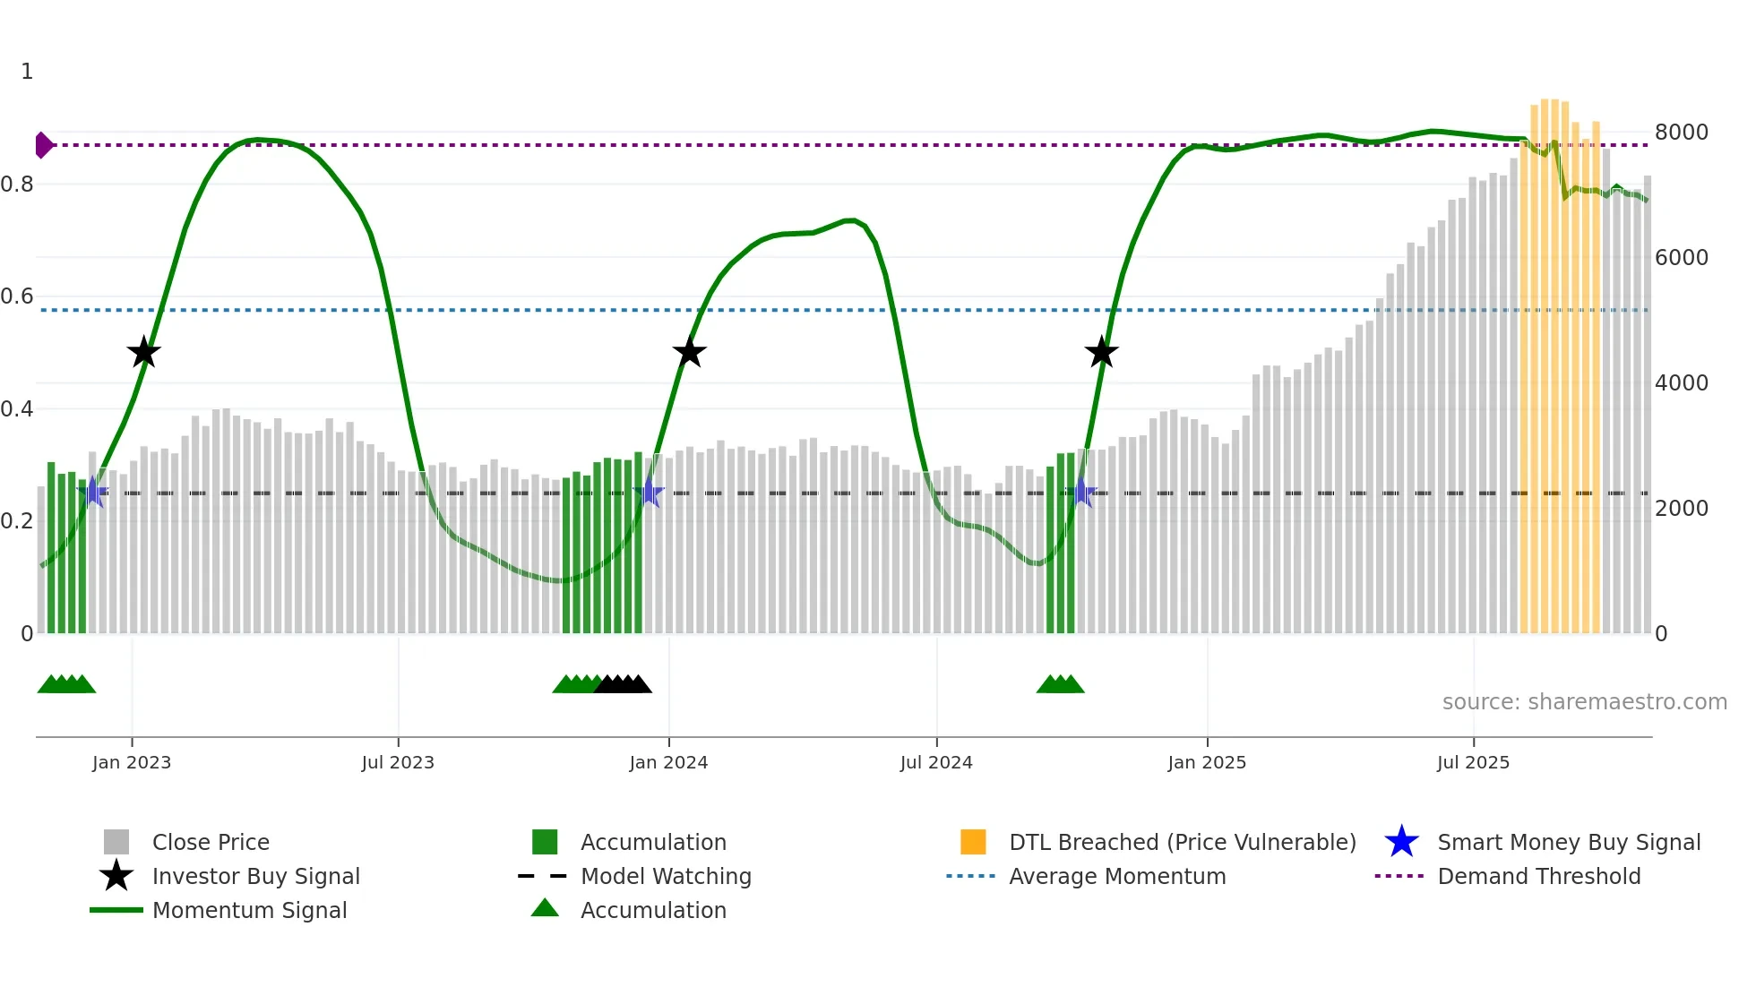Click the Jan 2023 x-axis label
point(132,762)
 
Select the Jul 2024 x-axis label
point(936,762)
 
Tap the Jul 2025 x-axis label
point(1473,762)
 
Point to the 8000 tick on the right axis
point(1681,133)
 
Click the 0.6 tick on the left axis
point(17,296)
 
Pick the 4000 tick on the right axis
point(1681,383)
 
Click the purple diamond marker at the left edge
point(43,145)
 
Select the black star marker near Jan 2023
point(143,353)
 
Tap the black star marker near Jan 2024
point(689,353)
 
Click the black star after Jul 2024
point(1101,353)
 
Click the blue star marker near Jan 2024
point(649,493)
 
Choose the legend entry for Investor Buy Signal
point(255,876)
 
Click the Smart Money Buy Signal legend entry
point(1568,842)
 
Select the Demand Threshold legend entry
point(1538,876)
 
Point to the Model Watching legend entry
point(665,876)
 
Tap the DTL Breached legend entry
point(1182,842)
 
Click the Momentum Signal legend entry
point(249,910)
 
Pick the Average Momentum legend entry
point(1116,876)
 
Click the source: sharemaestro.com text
point(1584,702)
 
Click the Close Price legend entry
point(210,842)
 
